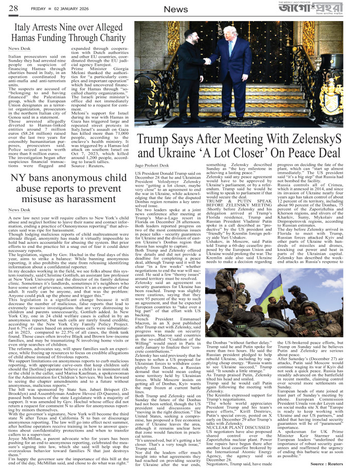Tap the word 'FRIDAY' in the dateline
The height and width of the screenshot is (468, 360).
click(39, 8)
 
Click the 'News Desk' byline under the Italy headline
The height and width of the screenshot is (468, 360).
click(19, 49)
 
